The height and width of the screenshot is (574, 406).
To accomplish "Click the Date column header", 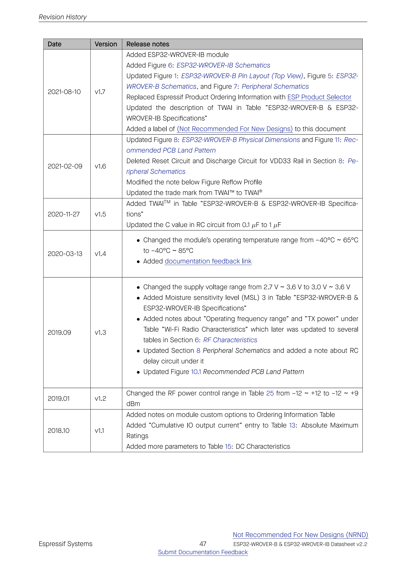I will click(x=54, y=44).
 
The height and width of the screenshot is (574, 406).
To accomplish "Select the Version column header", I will click(x=106, y=44).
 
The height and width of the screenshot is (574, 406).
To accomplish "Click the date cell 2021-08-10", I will click(x=64, y=92).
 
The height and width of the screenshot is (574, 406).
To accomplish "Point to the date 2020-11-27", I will click(x=64, y=214).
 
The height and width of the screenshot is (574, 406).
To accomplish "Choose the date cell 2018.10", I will click(x=58, y=431).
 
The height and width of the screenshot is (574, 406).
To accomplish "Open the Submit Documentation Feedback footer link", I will click(x=203, y=552).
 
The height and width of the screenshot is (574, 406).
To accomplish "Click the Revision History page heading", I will click(x=63, y=17).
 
